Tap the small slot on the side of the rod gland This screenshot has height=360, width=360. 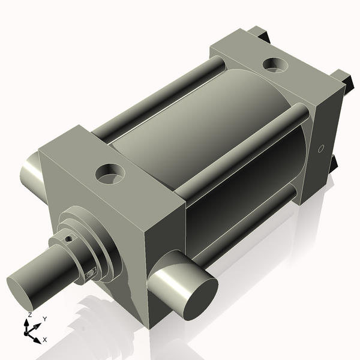[x=91, y=274]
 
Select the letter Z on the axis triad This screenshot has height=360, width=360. [x=29, y=315]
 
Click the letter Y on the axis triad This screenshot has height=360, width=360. [x=44, y=319]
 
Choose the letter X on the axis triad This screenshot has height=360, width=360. [x=44, y=340]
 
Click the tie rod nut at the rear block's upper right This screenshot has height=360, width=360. [x=343, y=77]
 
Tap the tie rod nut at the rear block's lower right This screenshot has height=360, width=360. [x=334, y=163]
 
